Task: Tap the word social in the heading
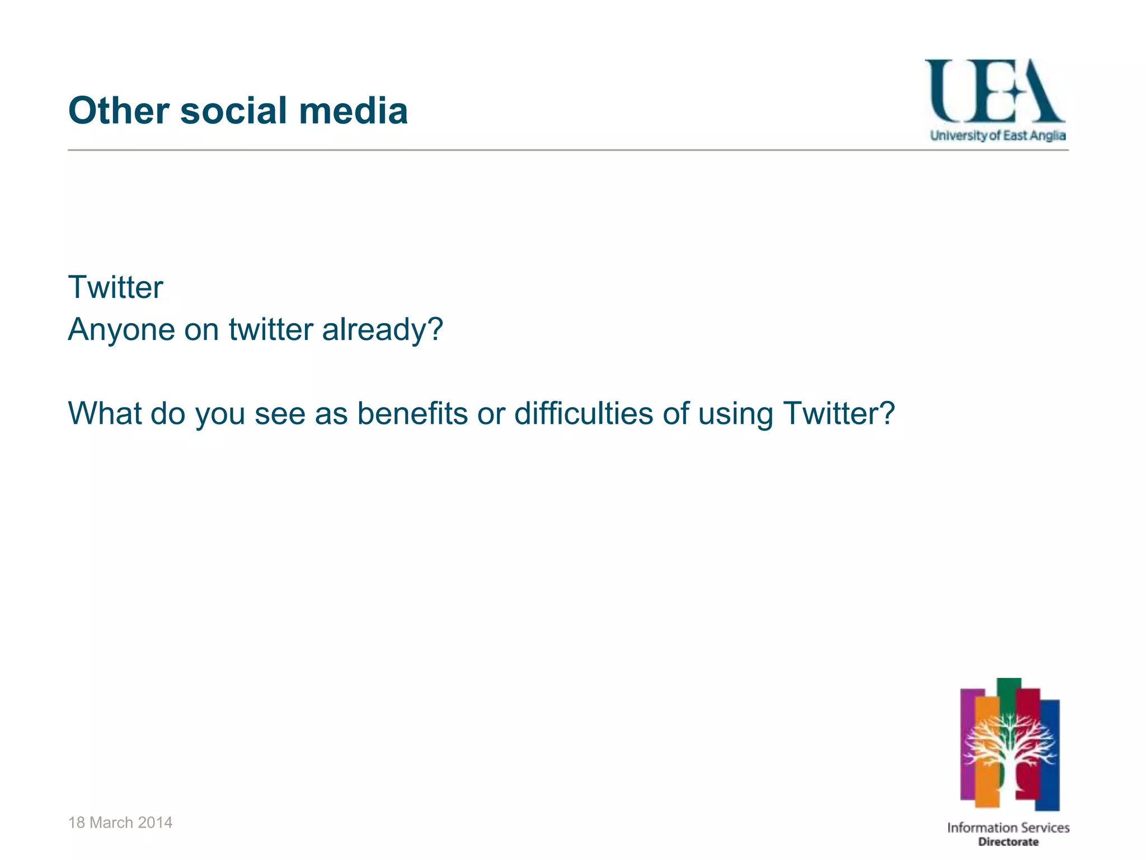pos(234,110)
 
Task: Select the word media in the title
pos(353,110)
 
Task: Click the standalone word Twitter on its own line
pos(115,287)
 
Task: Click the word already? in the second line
pos(382,329)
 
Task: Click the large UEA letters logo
pos(994,91)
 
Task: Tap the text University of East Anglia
pos(998,135)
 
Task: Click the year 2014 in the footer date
pos(155,822)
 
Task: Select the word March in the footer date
pos(111,822)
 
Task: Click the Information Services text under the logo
pos(1008,828)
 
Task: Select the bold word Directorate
pos(1008,842)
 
